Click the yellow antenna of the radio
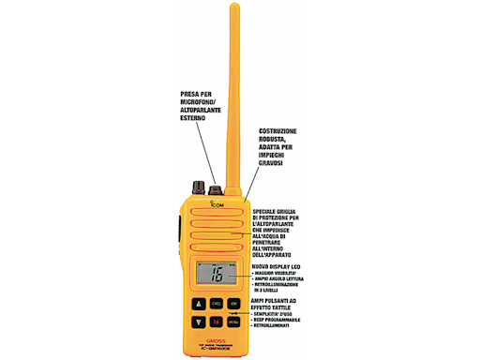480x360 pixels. pyautogui.click(x=233, y=94)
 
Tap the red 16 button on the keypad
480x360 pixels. pyautogui.click(x=217, y=322)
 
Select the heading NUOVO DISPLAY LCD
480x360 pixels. pyautogui.click(x=280, y=266)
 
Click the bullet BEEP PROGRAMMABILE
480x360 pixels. pyautogui.click(x=282, y=321)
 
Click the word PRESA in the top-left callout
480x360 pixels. pyautogui.click(x=191, y=94)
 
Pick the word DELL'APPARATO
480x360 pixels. pyautogui.click(x=278, y=254)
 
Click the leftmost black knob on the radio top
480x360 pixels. pyautogui.click(x=199, y=185)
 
